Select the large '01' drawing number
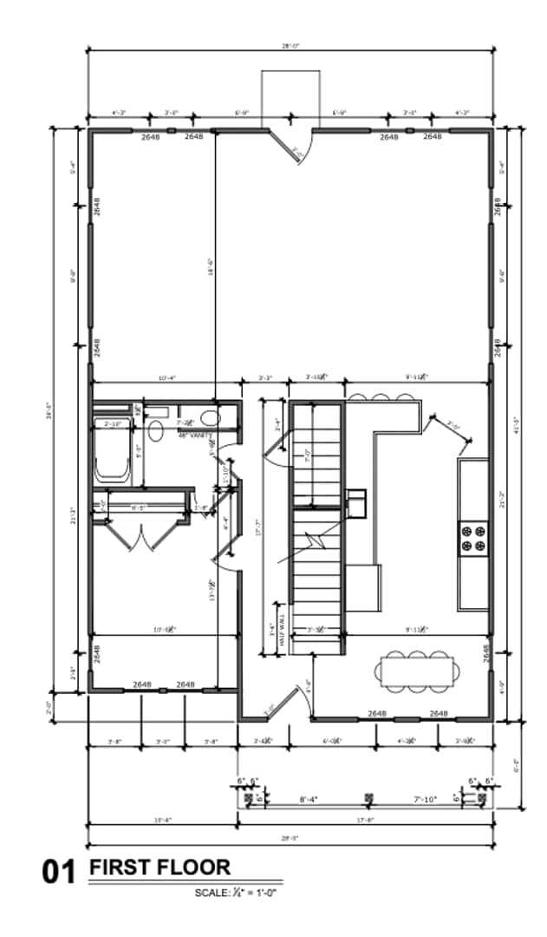pyautogui.click(x=61, y=871)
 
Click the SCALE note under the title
pyautogui.click(x=235, y=891)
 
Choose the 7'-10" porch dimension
pyautogui.click(x=424, y=798)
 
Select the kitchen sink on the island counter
pyautogui.click(x=356, y=500)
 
